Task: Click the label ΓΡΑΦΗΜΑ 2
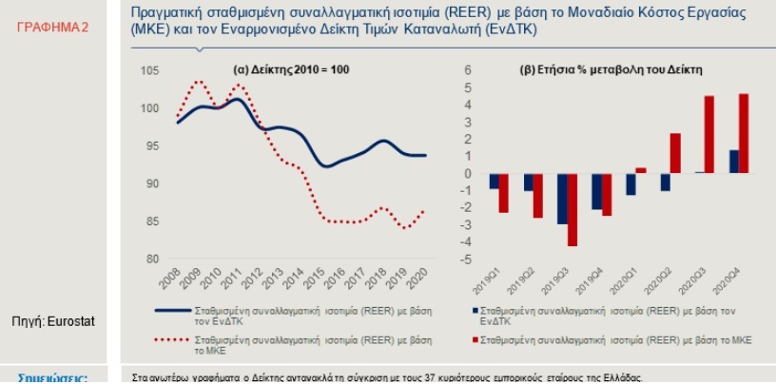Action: click(x=54, y=29)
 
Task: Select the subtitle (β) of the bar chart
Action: click(x=612, y=71)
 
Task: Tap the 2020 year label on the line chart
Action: click(x=418, y=279)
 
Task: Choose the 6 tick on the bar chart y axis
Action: click(x=468, y=71)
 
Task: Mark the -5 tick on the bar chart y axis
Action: click(x=466, y=259)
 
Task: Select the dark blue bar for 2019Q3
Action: click(x=562, y=199)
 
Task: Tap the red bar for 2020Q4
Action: click(x=744, y=133)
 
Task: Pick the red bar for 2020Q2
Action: click(x=675, y=153)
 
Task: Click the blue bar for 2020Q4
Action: click(x=733, y=162)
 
